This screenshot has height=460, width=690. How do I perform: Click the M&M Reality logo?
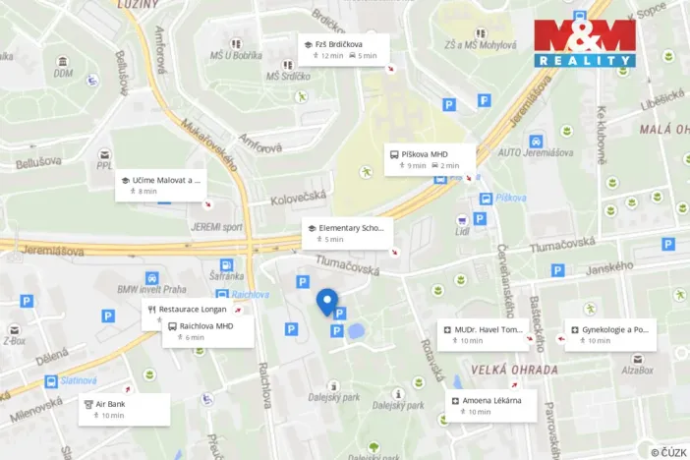pyautogui.click(x=585, y=42)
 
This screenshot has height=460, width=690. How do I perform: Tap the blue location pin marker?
pyautogui.click(x=327, y=301)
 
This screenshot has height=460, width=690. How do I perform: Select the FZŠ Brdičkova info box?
pyautogui.click(x=344, y=49)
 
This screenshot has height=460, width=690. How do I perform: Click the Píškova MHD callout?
pyautogui.click(x=430, y=159)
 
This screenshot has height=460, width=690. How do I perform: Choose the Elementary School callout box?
pyautogui.click(x=347, y=233)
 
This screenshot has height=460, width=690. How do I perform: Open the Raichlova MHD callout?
pyautogui.click(x=207, y=331)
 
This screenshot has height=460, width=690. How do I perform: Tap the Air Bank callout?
pyautogui.click(x=125, y=409)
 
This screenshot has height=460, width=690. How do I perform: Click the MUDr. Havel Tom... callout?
pyautogui.click(x=484, y=335)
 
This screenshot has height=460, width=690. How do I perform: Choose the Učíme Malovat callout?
pyautogui.click(x=161, y=186)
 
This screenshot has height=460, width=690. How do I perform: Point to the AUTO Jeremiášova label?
pyautogui.click(x=536, y=152)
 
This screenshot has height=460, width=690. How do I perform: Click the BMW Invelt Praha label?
pyautogui.click(x=152, y=289)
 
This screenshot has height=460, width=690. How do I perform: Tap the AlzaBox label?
pyautogui.click(x=636, y=370)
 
